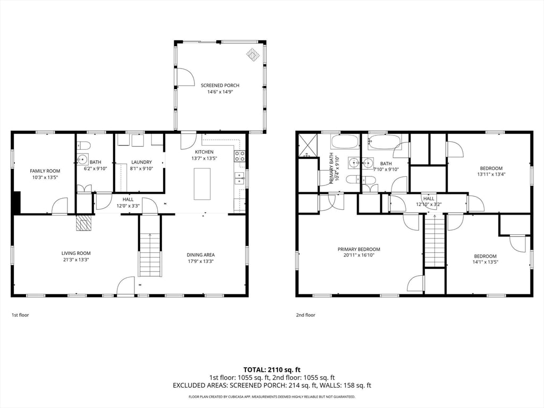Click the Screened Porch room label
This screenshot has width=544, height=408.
[220, 86]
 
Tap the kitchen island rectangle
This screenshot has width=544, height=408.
[202, 184]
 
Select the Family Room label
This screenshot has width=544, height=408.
[45, 171]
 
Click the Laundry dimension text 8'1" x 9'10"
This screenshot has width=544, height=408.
[141, 168]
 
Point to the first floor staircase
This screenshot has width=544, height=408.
[150, 255]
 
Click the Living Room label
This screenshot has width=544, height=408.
[76, 253]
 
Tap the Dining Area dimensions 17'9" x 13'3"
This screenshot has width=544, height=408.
[200, 261]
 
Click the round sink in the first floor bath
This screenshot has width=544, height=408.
[82, 159]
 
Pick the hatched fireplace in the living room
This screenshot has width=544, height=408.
[84, 223]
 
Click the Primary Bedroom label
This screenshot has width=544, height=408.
[359, 249]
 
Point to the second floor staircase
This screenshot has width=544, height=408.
[435, 241]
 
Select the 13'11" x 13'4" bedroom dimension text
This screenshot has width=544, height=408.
[491, 174]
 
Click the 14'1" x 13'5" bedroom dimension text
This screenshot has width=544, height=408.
[485, 262]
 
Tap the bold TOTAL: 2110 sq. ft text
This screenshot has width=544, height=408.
[271, 370]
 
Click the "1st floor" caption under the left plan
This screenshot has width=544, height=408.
[21, 315]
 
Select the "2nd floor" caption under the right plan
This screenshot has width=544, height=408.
[305, 315]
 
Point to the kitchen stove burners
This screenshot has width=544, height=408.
[240, 156]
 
